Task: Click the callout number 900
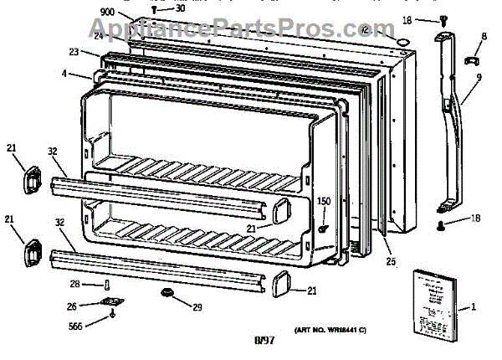[106, 12]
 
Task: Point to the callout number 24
[99, 35]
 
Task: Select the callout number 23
[74, 52]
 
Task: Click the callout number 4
[64, 74]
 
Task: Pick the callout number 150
[323, 202]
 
